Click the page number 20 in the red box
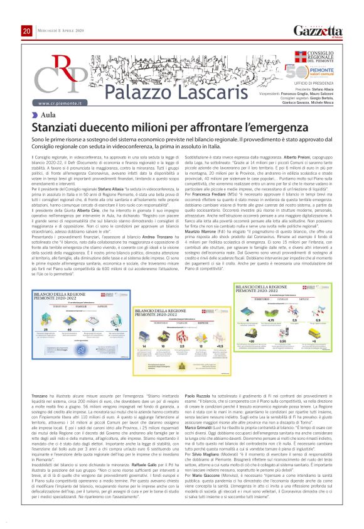[x=26, y=31]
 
